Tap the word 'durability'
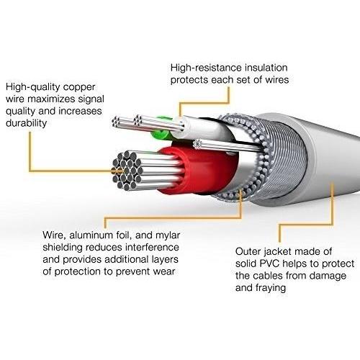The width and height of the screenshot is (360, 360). pos(26,123)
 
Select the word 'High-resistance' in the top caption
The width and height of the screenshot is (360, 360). pos(206,68)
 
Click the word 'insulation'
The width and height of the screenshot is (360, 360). pos(266,68)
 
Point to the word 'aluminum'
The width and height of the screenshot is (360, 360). pos(91,235)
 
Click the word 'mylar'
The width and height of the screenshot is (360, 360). pos(168,236)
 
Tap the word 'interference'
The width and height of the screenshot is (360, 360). pos(152,247)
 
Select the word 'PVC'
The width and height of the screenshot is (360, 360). pos(270,264)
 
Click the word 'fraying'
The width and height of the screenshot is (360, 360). pos(271,288)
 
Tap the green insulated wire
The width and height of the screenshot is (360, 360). pos(161,130)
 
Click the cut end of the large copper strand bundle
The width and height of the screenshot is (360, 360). pos(127,171)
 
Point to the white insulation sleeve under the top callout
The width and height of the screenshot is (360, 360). pos(204,128)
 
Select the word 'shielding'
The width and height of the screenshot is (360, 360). pos(63,248)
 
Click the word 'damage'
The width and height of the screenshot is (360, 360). pos(328,276)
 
